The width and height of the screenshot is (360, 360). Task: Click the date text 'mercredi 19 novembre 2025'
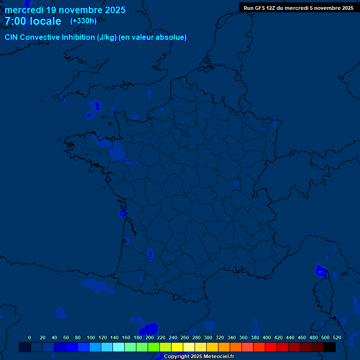(x=65, y=10)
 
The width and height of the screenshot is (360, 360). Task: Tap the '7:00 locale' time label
(x=33, y=21)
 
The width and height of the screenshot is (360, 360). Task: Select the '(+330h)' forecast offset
(x=83, y=21)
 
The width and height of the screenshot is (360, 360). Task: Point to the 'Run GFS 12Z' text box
(x=298, y=8)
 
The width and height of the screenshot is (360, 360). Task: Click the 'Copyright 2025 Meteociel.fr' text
(x=199, y=357)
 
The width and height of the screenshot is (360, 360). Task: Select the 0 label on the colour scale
(x=30, y=337)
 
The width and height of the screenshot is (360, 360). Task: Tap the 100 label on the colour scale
(x=91, y=337)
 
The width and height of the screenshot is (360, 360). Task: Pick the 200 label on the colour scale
(x=150, y=337)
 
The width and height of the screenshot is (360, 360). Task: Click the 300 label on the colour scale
(x=208, y=337)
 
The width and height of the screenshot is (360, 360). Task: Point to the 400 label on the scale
(x=267, y=337)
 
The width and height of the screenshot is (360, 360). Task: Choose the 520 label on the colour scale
(x=337, y=337)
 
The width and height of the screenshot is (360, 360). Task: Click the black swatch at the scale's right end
(x=330, y=347)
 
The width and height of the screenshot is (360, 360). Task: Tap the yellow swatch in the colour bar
(x=177, y=347)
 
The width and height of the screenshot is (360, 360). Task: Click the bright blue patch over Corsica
(x=321, y=271)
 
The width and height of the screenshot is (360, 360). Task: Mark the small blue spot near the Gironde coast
(x=123, y=214)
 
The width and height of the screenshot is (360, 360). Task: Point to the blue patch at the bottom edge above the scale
(x=149, y=329)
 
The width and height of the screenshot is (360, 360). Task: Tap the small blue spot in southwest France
(x=150, y=254)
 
